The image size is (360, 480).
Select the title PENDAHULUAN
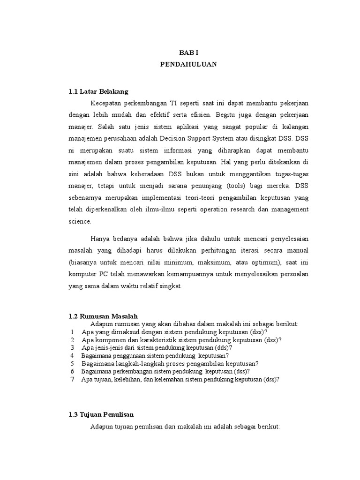pyautogui.click(x=188, y=65)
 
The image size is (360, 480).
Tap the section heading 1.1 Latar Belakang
pyautogui.click(x=98, y=91)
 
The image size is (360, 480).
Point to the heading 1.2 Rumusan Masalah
pyautogui.click(x=104, y=316)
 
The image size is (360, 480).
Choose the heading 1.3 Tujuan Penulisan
pyautogui.click(x=101, y=415)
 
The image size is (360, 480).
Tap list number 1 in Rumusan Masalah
pyautogui.click(x=73, y=331)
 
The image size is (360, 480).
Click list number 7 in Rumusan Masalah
pyautogui.click(x=73, y=379)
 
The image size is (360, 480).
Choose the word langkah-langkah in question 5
pyautogui.click(x=136, y=363)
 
